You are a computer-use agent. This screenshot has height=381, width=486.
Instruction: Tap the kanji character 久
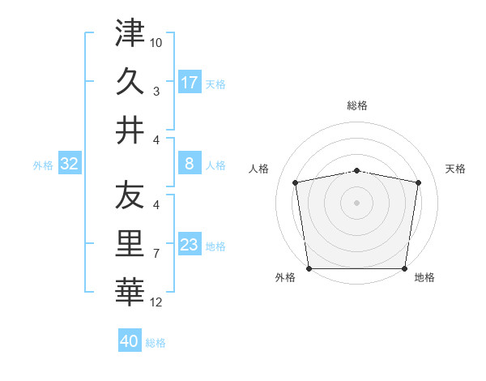click(x=130, y=82)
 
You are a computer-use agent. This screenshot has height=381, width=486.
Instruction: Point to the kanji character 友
click(x=130, y=195)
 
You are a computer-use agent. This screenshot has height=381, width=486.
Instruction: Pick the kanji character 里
click(x=130, y=244)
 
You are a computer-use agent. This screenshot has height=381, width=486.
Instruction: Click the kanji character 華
click(x=130, y=293)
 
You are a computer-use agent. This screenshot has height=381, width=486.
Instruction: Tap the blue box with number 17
click(x=190, y=82)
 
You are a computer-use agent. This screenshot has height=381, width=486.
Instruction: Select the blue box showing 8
click(x=190, y=164)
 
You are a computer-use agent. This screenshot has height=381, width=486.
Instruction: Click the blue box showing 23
click(x=190, y=245)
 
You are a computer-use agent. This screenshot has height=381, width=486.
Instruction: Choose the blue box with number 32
click(x=70, y=164)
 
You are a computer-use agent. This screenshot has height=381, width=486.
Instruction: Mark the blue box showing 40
click(x=130, y=341)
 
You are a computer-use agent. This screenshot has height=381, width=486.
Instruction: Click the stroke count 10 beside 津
click(x=156, y=41)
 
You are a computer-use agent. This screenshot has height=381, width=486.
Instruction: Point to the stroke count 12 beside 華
click(x=156, y=302)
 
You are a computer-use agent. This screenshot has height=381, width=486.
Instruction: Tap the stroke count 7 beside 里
click(x=156, y=254)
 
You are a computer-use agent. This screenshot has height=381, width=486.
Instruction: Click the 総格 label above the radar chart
click(x=357, y=105)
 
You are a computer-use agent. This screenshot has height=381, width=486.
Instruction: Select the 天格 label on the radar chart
click(x=456, y=169)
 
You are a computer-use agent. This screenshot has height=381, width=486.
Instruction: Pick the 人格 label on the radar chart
click(x=259, y=169)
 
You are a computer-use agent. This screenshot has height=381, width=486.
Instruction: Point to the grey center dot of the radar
click(x=357, y=202)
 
